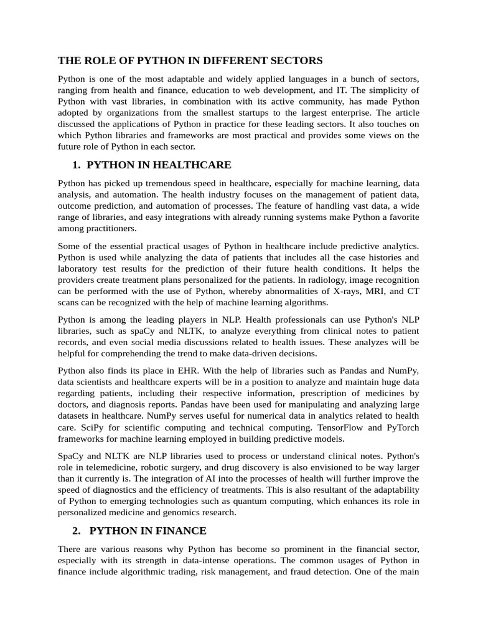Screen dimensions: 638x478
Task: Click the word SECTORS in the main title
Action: [x=299, y=60]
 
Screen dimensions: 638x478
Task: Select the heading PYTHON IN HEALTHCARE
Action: [x=159, y=165]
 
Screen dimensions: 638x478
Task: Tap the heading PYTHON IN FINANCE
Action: [x=148, y=531]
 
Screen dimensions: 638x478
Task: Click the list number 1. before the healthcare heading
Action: [x=77, y=165]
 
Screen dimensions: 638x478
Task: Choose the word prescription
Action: [x=327, y=393]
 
